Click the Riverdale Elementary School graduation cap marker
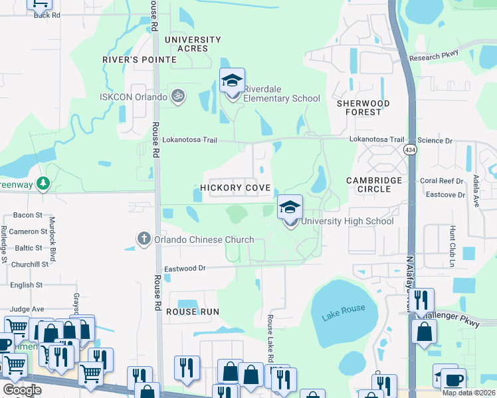coord(233,82)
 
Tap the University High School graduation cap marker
coord(290,208)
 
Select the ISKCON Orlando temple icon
coord(177,97)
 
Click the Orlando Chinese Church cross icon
coord(144,239)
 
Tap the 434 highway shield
coord(409,150)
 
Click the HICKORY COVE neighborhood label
coord(235,188)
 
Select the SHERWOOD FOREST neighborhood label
coord(368,107)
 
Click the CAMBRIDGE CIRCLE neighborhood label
coord(374,184)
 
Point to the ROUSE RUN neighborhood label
coord(192,312)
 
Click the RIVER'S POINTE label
coord(139,60)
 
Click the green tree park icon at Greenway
coord(43,183)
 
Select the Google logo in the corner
coord(22,389)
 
